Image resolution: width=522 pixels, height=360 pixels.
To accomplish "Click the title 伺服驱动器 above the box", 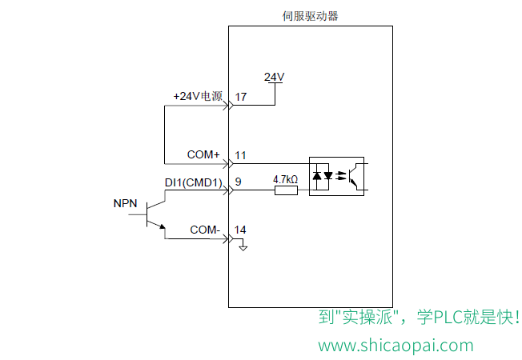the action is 311,16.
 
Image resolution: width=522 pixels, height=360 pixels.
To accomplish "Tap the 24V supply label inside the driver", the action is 274,77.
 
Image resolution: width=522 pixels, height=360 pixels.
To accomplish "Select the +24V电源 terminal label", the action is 198,96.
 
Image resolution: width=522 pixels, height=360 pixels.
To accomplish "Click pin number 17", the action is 241,97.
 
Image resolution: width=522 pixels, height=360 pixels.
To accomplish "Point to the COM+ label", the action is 203,154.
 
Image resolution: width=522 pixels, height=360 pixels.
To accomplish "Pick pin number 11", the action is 240,155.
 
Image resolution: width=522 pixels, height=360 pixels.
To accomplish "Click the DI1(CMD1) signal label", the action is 194,182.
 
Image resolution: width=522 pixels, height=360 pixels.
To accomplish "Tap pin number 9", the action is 238,182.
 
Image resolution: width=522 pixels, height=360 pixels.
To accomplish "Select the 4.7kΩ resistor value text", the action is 285,180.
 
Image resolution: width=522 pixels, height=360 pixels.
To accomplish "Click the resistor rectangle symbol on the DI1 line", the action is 286,190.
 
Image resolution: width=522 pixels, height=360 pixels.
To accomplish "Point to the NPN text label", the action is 125,203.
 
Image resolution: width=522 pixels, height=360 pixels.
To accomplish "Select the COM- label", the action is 205,230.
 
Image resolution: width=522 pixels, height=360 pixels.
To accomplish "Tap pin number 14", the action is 240,230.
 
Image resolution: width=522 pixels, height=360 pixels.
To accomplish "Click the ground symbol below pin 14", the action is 243,247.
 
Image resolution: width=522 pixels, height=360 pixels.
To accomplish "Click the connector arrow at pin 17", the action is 229,106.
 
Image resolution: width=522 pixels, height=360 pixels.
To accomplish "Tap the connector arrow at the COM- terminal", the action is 229,238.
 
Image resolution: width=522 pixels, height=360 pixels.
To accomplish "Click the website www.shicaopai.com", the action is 396,346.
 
